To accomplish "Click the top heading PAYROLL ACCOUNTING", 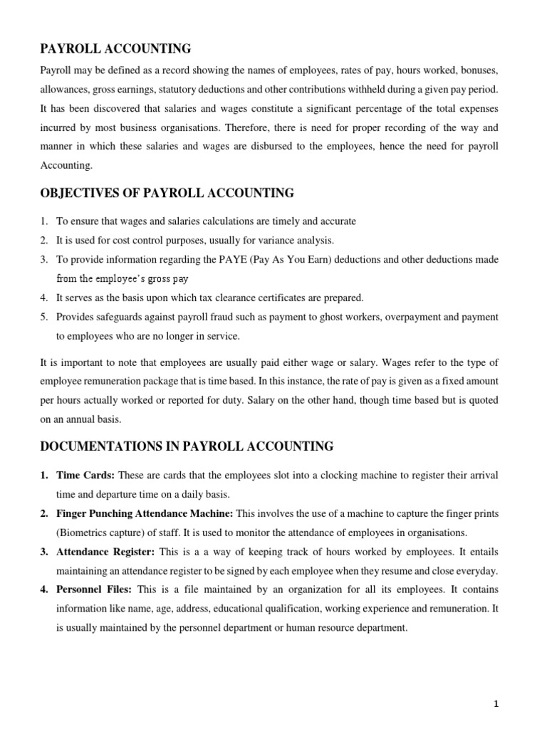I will coord(115,49).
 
